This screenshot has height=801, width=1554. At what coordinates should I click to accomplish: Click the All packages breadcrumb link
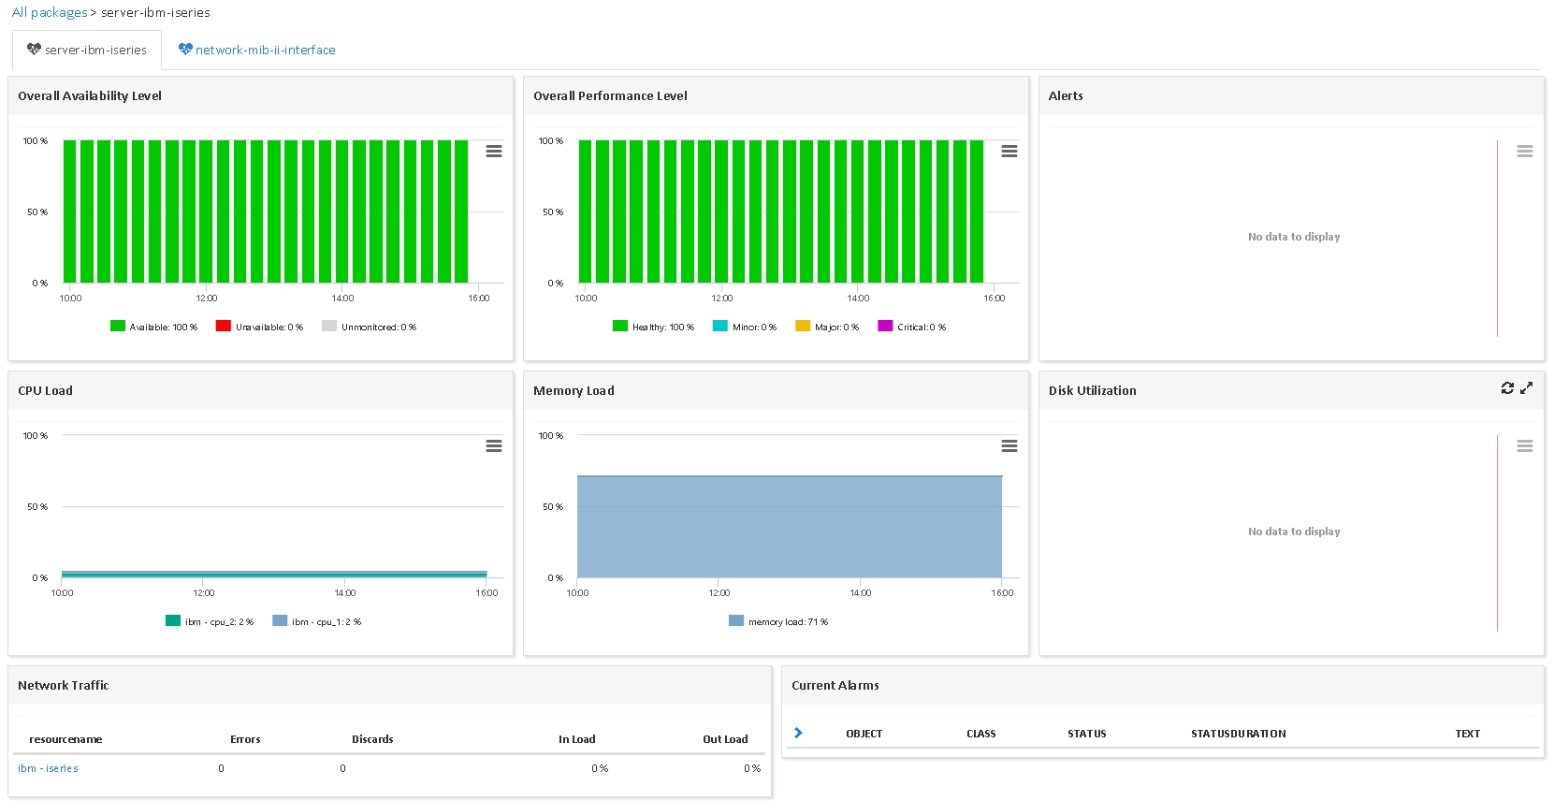(50, 12)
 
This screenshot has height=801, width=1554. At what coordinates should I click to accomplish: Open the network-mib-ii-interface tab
(256, 50)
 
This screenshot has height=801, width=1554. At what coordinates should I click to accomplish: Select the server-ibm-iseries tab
(87, 50)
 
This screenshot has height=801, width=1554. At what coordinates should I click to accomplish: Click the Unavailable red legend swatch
(223, 327)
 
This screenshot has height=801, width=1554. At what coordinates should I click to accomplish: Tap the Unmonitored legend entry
(369, 327)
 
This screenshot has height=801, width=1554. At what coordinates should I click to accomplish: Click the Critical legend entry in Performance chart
(911, 327)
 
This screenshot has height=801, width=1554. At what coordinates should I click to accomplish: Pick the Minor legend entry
(745, 327)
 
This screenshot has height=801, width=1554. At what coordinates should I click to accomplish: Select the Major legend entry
(827, 327)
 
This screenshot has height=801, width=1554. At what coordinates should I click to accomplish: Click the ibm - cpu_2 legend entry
(210, 621)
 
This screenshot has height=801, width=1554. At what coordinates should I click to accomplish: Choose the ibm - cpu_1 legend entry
(317, 621)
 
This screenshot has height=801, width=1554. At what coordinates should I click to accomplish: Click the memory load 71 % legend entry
(778, 621)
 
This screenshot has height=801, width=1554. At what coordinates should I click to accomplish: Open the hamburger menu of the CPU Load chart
(494, 445)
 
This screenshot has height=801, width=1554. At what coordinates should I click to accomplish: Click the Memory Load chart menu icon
(1009, 445)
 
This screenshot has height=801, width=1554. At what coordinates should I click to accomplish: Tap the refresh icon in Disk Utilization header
(1507, 388)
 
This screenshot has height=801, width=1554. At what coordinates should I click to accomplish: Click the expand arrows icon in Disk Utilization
(1526, 388)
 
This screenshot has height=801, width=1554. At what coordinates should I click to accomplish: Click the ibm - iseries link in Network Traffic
(48, 768)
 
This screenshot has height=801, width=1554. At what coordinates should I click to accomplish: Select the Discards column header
(372, 739)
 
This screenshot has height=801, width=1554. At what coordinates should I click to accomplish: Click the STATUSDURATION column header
(1239, 734)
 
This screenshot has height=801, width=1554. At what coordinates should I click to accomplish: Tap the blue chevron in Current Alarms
(798, 733)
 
